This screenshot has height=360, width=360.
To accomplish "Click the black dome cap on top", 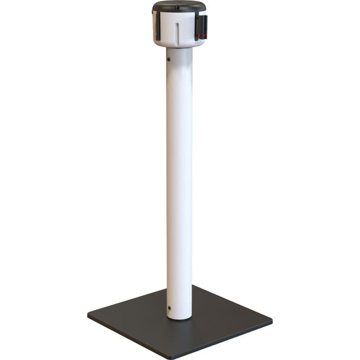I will (x=179, y=6).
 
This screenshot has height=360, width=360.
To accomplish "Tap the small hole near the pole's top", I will (x=168, y=59).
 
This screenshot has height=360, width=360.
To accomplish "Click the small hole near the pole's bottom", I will (x=169, y=308).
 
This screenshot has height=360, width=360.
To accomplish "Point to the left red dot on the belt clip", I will (x=198, y=35).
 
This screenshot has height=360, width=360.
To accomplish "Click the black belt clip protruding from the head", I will (x=201, y=27).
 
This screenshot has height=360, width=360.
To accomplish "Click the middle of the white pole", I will (x=179, y=180).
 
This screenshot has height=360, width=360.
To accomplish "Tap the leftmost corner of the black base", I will (x=88, y=315).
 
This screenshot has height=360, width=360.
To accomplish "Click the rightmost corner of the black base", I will (x=272, y=321).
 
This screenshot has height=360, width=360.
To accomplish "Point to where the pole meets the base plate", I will (x=179, y=318).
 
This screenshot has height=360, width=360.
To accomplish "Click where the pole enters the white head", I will (x=179, y=48).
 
